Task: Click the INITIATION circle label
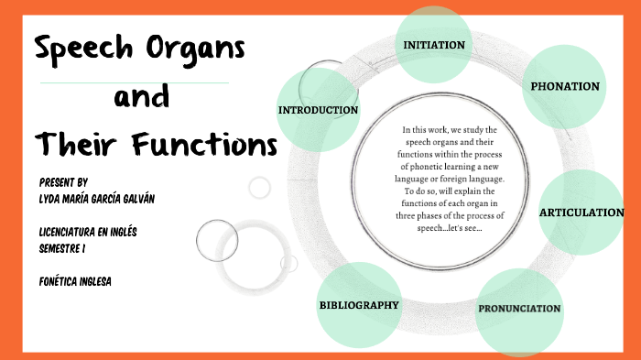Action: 434,45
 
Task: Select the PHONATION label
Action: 565,87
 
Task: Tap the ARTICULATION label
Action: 581,213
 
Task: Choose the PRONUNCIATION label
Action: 519,309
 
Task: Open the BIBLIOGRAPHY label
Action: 359,304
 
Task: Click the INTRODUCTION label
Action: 318,110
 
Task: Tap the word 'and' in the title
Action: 141,96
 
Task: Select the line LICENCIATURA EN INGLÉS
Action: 88,232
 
